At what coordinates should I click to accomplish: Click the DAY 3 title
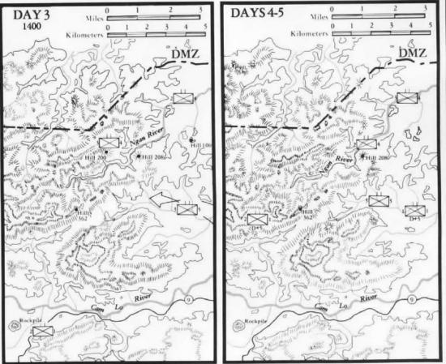tap(28, 15)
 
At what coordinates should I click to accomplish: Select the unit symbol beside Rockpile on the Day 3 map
tap(42, 331)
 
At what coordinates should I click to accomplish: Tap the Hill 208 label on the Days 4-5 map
tap(375, 157)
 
